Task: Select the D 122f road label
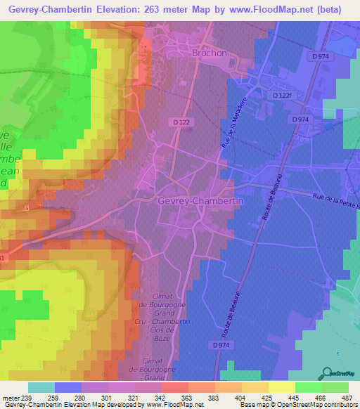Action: (285, 95)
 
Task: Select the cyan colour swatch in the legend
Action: (41, 387)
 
